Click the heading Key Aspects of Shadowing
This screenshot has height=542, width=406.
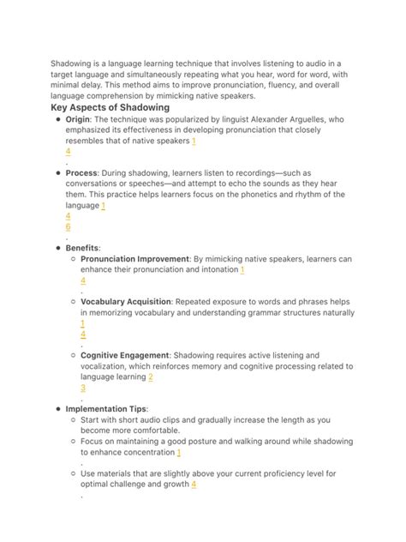click(110, 108)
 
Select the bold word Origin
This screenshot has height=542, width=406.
click(77, 120)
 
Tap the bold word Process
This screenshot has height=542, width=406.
click(81, 172)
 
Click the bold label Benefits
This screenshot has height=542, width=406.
click(82, 247)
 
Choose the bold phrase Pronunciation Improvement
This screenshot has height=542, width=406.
click(134, 258)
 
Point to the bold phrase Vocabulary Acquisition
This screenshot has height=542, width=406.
click(126, 302)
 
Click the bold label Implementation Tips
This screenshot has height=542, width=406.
click(106, 409)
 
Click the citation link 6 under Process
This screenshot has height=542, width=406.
click(68, 226)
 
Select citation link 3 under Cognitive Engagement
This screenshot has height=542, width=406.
click(83, 388)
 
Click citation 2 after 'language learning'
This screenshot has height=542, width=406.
click(151, 376)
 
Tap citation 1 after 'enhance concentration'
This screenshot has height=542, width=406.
click(179, 452)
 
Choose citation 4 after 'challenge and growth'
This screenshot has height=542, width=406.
click(194, 484)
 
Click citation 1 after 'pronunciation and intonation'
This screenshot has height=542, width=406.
click(242, 269)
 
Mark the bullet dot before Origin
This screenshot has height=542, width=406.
click(56, 121)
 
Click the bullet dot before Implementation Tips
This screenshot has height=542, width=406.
click(56, 409)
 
